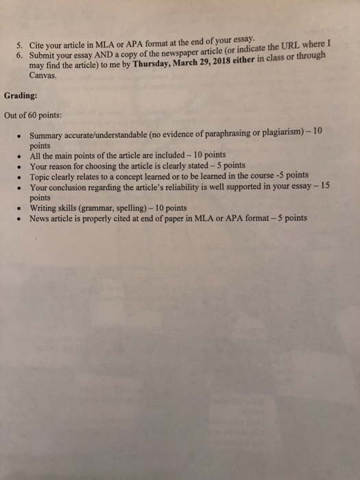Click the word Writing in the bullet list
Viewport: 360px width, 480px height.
coord(45,208)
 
